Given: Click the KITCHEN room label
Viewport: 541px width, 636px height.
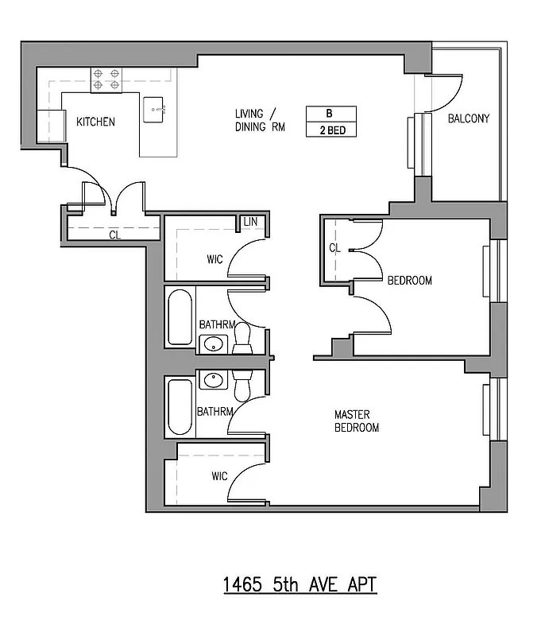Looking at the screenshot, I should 95,122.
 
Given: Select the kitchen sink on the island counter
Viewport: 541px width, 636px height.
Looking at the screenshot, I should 155,110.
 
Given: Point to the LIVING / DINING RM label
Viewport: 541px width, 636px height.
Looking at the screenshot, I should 259,120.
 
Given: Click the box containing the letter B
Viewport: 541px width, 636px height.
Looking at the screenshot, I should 330,113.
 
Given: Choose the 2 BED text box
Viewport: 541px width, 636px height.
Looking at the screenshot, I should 330,130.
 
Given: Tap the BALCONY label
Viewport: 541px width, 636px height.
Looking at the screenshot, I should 469,119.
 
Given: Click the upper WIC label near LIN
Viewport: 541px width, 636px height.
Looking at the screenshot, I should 214,258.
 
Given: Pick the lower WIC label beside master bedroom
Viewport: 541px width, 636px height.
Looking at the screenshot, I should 219,476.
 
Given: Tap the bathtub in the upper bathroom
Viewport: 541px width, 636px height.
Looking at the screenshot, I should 180,316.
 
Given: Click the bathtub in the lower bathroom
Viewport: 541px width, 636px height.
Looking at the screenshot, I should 180,407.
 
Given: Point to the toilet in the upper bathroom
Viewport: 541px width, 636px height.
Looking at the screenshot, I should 243,339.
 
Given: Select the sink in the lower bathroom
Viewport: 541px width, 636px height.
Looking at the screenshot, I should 213,380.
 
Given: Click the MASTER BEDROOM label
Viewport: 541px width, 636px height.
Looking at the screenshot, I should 356,421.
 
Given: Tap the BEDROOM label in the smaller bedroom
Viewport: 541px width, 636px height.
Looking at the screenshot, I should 409,281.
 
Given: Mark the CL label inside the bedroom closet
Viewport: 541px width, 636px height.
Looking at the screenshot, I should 334,249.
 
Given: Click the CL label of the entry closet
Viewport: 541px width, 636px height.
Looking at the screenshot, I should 115,235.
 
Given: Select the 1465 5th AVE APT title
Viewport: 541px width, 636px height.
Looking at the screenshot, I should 299,585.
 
